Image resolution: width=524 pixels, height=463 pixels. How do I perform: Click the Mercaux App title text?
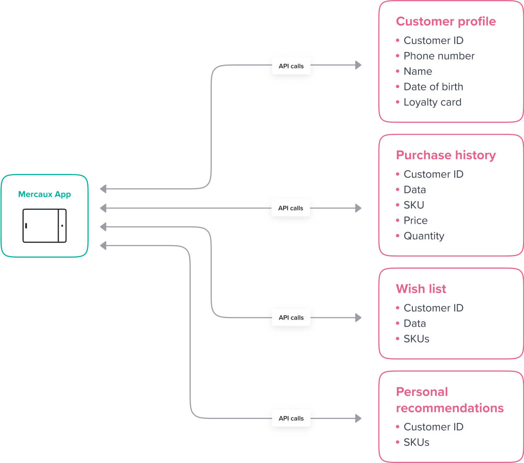[x=44, y=194]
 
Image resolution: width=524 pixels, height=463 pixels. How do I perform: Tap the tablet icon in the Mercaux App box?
[x=44, y=226]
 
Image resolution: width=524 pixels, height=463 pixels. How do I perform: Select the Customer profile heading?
[x=446, y=21]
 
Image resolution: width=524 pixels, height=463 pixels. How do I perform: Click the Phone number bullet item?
[x=439, y=56]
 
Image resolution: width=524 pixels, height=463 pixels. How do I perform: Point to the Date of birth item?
[x=433, y=87]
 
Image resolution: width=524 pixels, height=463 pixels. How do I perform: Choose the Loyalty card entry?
[x=432, y=102]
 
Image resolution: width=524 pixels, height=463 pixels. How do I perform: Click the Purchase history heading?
[x=446, y=155]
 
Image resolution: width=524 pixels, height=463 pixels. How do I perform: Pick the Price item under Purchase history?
[x=415, y=220]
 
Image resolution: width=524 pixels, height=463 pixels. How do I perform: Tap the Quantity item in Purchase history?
[x=424, y=236]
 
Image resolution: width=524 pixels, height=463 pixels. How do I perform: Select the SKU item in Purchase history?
[x=414, y=205]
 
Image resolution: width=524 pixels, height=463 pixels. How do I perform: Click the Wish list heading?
[x=421, y=289]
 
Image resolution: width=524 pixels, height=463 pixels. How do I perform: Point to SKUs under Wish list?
[x=416, y=339]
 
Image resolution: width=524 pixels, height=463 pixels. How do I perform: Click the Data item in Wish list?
[x=414, y=323]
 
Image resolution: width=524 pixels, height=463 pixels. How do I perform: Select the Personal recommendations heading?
[x=449, y=399]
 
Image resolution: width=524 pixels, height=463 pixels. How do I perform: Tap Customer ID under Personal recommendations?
[x=433, y=427]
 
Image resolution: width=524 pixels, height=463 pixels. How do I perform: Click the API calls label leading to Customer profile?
[x=291, y=66]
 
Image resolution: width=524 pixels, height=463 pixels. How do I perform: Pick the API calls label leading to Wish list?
[x=291, y=318]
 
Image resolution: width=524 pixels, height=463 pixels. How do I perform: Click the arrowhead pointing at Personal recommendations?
[x=358, y=418]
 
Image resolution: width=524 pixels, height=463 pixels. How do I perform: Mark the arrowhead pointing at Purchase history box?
[x=358, y=208]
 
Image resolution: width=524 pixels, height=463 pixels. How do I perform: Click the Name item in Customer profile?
[x=418, y=71]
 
